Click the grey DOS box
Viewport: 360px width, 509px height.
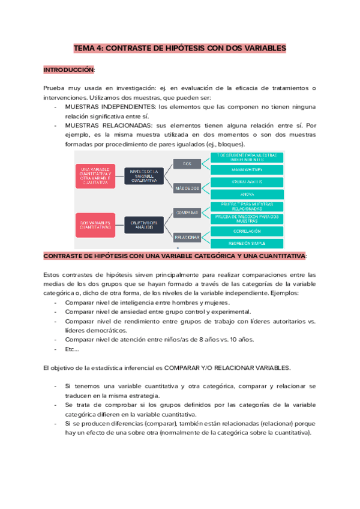click(x=187, y=163)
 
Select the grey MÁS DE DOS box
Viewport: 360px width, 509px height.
click(x=187, y=188)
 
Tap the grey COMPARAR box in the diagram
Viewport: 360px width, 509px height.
click(x=187, y=212)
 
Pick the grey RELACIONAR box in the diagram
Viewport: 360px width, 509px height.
click(x=187, y=237)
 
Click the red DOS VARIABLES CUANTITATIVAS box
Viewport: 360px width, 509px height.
click(x=96, y=224)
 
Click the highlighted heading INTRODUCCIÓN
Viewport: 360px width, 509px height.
click(x=69, y=70)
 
